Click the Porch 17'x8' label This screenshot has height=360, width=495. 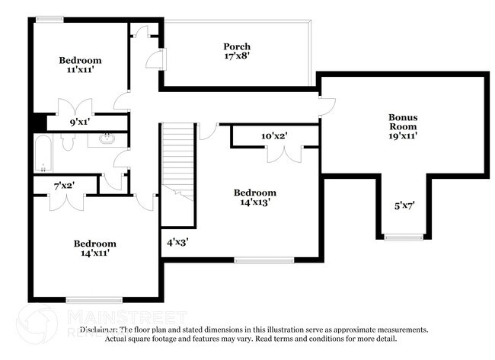236,51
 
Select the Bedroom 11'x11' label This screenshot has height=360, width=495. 81,65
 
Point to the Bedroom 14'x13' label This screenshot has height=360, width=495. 254,197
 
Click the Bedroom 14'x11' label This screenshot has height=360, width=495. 94,248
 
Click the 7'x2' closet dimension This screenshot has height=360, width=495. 64,185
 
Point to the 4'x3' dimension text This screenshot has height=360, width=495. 177,242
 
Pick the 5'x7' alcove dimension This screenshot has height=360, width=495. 403,205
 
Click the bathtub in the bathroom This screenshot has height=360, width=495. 43,153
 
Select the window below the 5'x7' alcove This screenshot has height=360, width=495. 403,238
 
